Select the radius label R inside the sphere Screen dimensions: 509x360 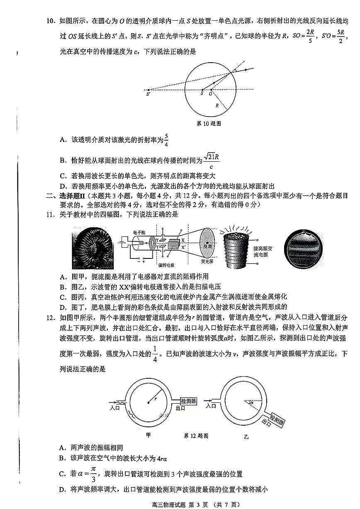[217, 105]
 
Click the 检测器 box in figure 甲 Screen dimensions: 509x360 [188, 401]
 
